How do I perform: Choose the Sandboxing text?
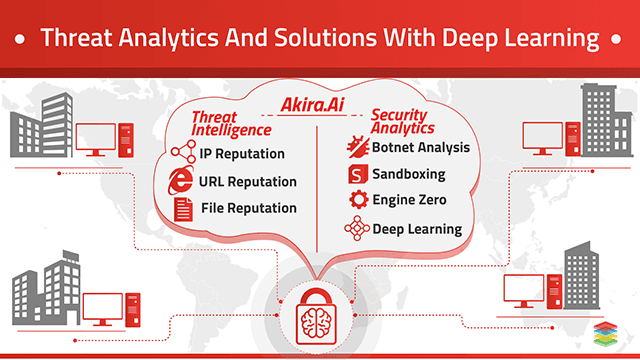(408, 174)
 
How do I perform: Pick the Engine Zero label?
(409, 201)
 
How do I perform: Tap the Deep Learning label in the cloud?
(417, 229)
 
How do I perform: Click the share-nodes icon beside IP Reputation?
(182, 154)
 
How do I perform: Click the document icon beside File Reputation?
(183, 208)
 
